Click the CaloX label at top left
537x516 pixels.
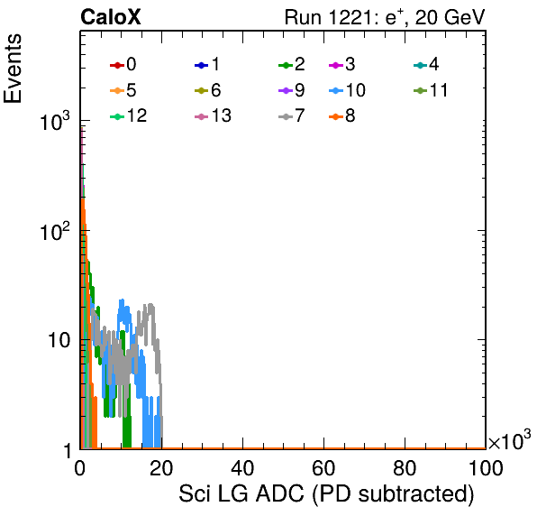(111, 17)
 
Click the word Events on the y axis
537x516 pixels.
(13, 69)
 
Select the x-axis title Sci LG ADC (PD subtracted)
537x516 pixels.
(326, 494)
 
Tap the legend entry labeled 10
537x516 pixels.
(347, 90)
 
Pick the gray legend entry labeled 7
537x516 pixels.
(292, 116)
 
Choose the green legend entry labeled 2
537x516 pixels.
(292, 64)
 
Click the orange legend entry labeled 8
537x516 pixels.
(342, 116)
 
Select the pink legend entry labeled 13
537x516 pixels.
(213, 116)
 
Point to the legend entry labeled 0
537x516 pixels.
(123, 64)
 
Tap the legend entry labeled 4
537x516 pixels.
(426, 64)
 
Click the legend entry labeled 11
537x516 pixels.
(431, 90)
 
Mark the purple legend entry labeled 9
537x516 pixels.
(292, 90)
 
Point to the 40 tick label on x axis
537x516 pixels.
(242, 468)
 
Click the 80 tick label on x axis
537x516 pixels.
(405, 468)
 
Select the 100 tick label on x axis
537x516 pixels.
(486, 468)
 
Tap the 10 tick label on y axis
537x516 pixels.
(59, 341)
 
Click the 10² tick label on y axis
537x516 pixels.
(55, 231)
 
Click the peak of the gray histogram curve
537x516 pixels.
(150, 304)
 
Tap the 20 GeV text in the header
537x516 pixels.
(450, 17)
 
